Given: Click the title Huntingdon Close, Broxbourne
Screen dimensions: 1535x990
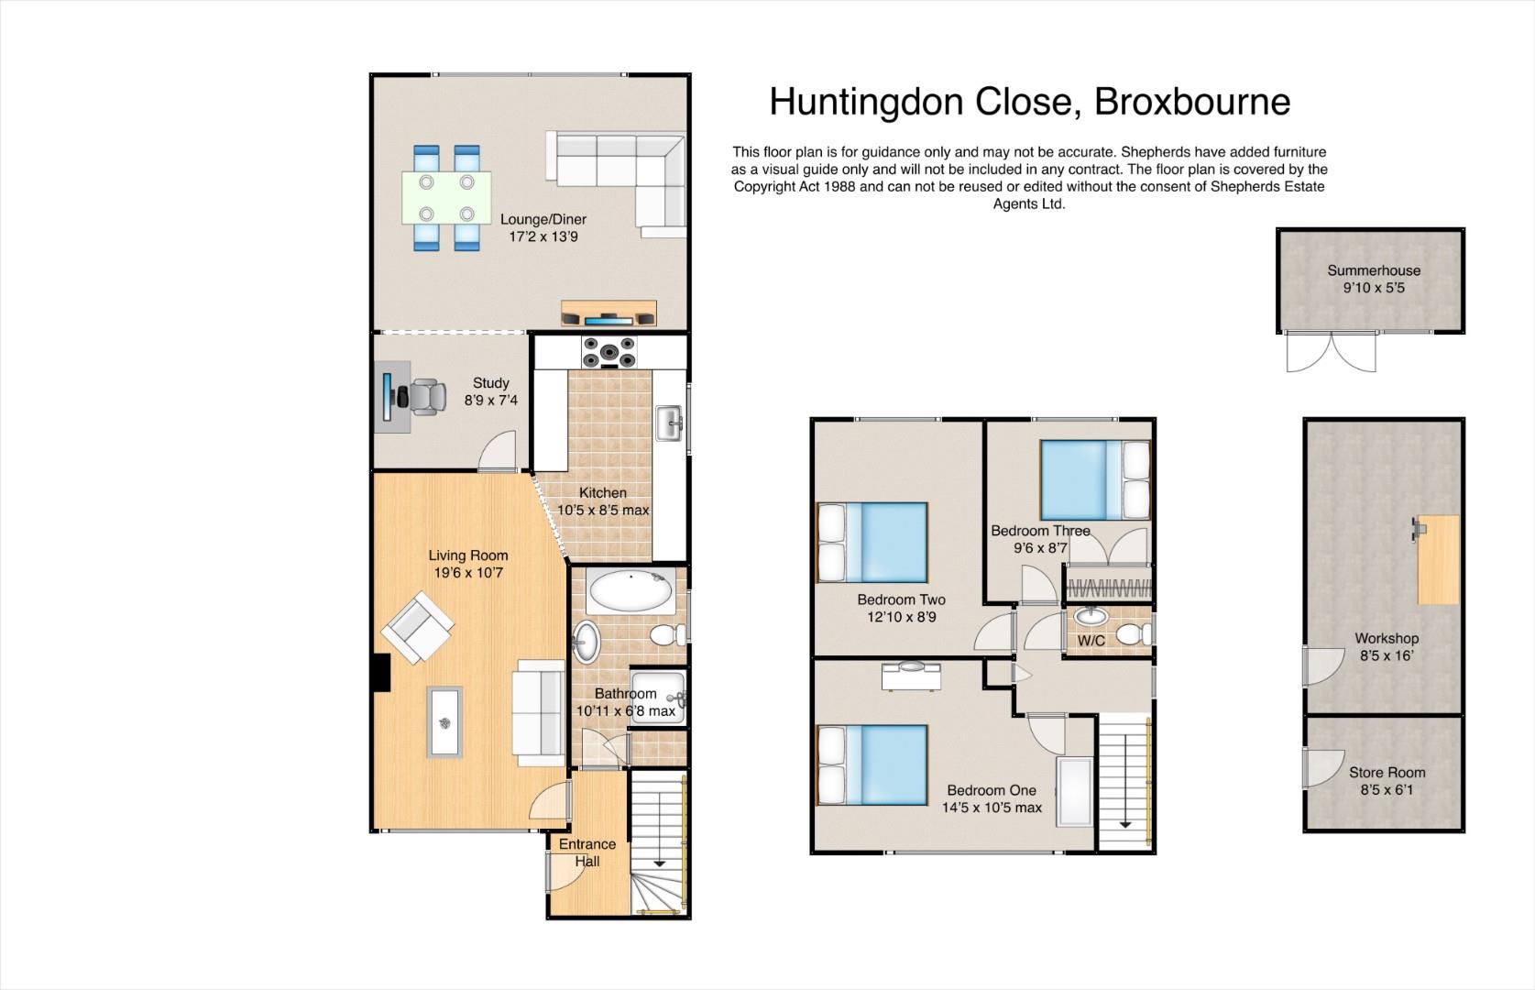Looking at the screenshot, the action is [x=1030, y=102].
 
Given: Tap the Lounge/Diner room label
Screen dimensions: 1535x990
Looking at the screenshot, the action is [x=543, y=219].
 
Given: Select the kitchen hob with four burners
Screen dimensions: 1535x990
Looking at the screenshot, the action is [x=609, y=352].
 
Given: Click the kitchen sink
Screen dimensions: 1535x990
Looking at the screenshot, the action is [x=669, y=423].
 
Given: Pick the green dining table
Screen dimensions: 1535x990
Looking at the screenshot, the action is [x=447, y=197].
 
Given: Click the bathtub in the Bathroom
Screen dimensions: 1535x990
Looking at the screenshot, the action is [x=631, y=590].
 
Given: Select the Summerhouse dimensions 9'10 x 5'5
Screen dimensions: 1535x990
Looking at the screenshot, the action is [x=1374, y=288].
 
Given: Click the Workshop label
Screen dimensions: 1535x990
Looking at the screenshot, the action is [x=1387, y=638].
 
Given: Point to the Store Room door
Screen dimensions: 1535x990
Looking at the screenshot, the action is [x=1321, y=768].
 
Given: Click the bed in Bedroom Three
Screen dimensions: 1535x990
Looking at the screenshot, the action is [x=1095, y=480].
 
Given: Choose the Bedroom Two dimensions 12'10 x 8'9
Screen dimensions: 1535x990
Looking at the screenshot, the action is [x=902, y=617].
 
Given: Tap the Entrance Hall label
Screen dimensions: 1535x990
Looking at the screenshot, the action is [x=587, y=852].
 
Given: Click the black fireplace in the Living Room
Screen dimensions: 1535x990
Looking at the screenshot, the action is [x=382, y=673].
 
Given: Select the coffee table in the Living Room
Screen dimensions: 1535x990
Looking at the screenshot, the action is [x=444, y=722].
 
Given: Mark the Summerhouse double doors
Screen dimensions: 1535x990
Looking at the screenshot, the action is [x=1331, y=352].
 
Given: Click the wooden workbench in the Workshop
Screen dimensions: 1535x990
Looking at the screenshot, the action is [x=1438, y=559].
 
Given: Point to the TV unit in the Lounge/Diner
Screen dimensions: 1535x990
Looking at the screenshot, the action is [x=609, y=313].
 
